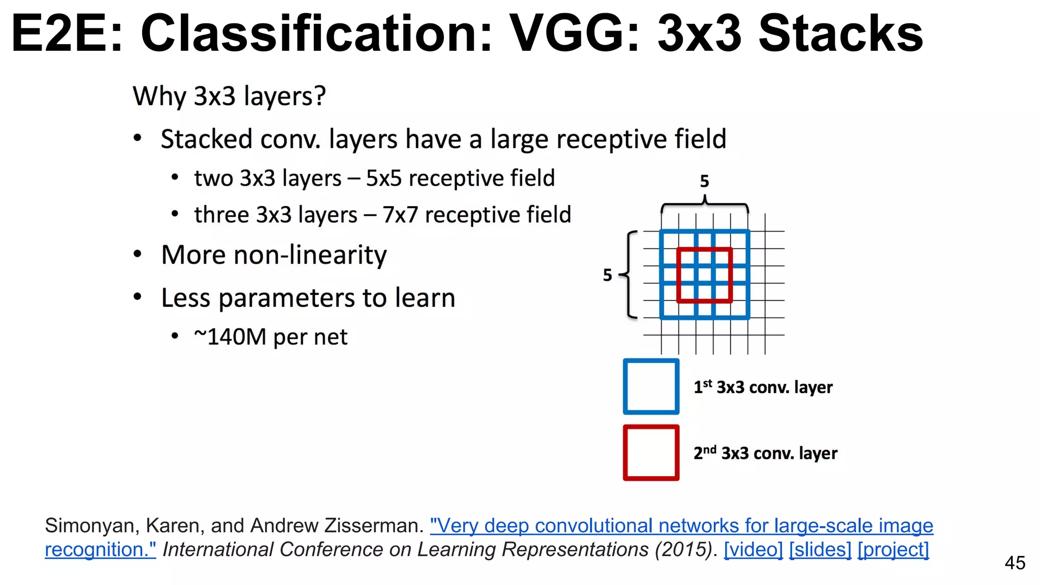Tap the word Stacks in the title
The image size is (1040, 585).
[840, 34]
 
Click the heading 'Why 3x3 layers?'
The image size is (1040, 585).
[229, 96]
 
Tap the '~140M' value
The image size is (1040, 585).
[230, 337]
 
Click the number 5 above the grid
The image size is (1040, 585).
[704, 181]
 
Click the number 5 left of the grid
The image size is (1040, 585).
[607, 275]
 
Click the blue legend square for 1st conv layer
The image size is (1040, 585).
[651, 386]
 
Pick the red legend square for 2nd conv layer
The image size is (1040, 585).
[651, 452]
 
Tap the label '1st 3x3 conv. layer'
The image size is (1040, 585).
[763, 387]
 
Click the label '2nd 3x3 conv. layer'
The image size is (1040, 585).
[765, 453]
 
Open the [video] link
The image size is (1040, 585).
[753, 550]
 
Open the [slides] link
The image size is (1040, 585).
[820, 550]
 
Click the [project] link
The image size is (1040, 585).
[893, 550]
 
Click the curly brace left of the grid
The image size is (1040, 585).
[629, 275]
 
